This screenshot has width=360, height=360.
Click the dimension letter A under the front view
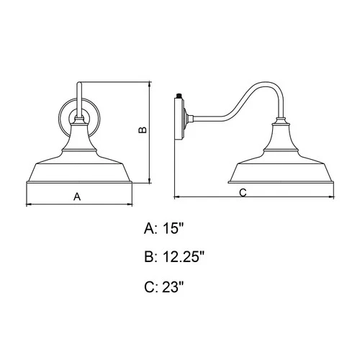[x=77, y=195]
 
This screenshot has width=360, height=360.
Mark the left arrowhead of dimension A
[x=27, y=204]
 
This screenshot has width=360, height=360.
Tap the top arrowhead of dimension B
[x=149, y=83]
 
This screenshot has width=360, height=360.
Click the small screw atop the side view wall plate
[x=178, y=94]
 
